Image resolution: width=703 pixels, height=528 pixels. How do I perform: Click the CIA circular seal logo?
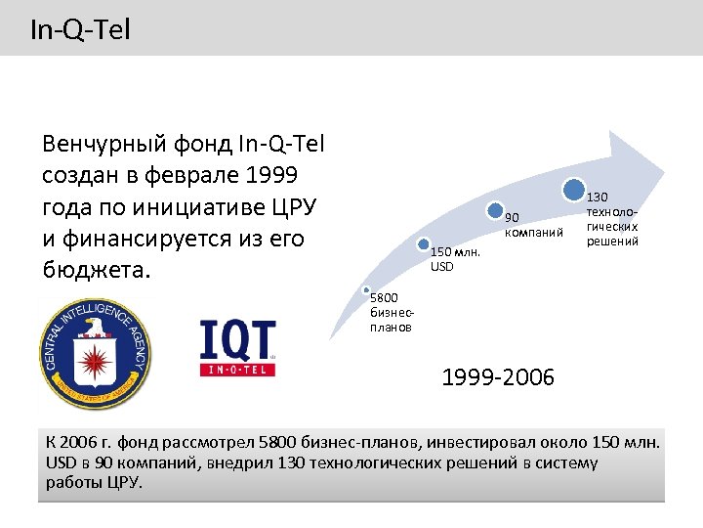95,353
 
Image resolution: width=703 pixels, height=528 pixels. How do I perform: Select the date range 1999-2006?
497,376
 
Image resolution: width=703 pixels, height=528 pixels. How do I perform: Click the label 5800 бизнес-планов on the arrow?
391,314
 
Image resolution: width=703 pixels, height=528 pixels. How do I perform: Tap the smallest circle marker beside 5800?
365,291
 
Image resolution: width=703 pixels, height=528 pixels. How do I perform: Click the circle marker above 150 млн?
423,244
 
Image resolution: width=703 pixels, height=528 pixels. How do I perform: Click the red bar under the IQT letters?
237,370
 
